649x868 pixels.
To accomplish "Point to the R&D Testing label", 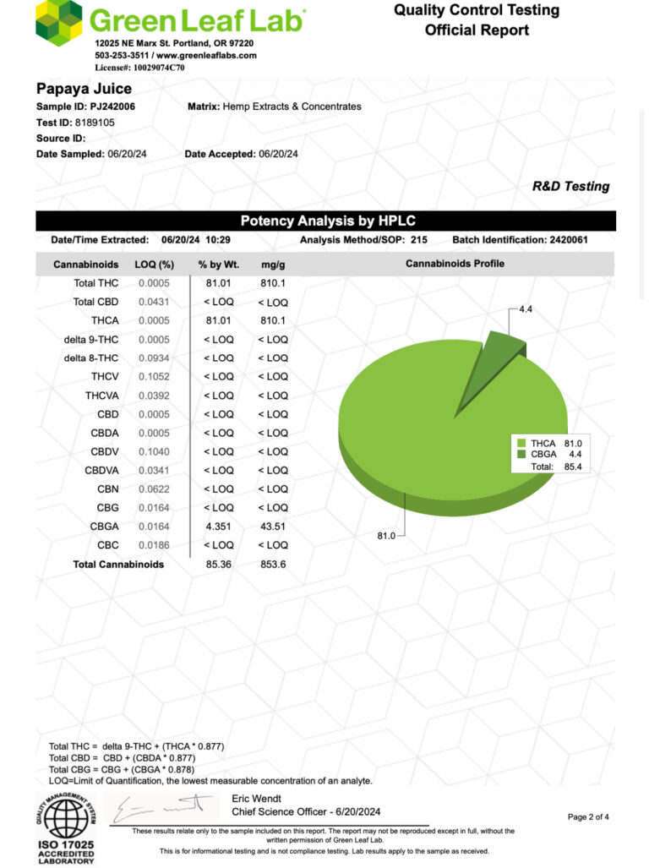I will [x=570, y=187].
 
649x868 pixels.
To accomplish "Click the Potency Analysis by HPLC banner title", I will [x=327, y=221].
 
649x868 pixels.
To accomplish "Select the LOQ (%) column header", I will [x=154, y=265].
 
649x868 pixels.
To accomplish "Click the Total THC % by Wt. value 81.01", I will [x=215, y=283].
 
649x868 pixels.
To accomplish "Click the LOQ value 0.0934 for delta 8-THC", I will [x=155, y=358].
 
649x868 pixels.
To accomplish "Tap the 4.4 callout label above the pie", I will [x=525, y=310].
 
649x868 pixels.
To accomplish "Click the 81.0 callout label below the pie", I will [x=387, y=535].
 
